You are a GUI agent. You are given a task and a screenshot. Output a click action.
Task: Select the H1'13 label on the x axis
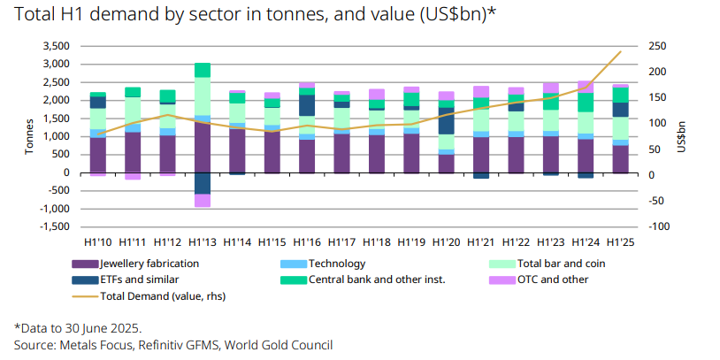tap(202, 241)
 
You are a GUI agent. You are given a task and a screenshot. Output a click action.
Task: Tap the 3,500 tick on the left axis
tap(55, 46)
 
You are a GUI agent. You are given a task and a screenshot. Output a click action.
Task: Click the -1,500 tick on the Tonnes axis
tap(53, 227)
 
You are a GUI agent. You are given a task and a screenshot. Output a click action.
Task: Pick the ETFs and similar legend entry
tap(125, 280)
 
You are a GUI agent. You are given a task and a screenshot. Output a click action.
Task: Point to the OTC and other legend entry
tap(554, 280)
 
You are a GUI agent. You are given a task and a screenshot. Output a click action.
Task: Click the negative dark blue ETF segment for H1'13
tap(202, 183)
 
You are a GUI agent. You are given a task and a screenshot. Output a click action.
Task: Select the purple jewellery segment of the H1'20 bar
tap(446, 164)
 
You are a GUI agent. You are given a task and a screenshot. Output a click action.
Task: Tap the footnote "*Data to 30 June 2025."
tap(78, 328)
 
